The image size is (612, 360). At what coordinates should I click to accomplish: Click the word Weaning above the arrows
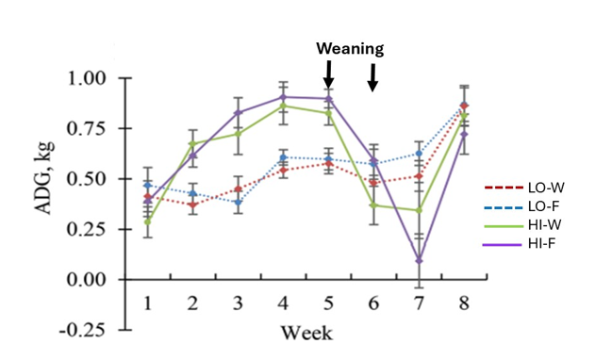(350, 48)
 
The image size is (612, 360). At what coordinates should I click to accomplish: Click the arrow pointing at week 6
(372, 77)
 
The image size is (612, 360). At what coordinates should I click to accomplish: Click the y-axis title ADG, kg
(44, 179)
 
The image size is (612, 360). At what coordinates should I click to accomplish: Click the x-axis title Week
(306, 334)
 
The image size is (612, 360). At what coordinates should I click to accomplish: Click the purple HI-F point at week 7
(419, 260)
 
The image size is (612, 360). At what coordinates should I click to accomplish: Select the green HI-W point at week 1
(148, 221)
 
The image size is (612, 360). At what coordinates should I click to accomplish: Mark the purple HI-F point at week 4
(283, 97)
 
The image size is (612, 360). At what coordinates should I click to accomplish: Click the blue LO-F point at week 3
(239, 203)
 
